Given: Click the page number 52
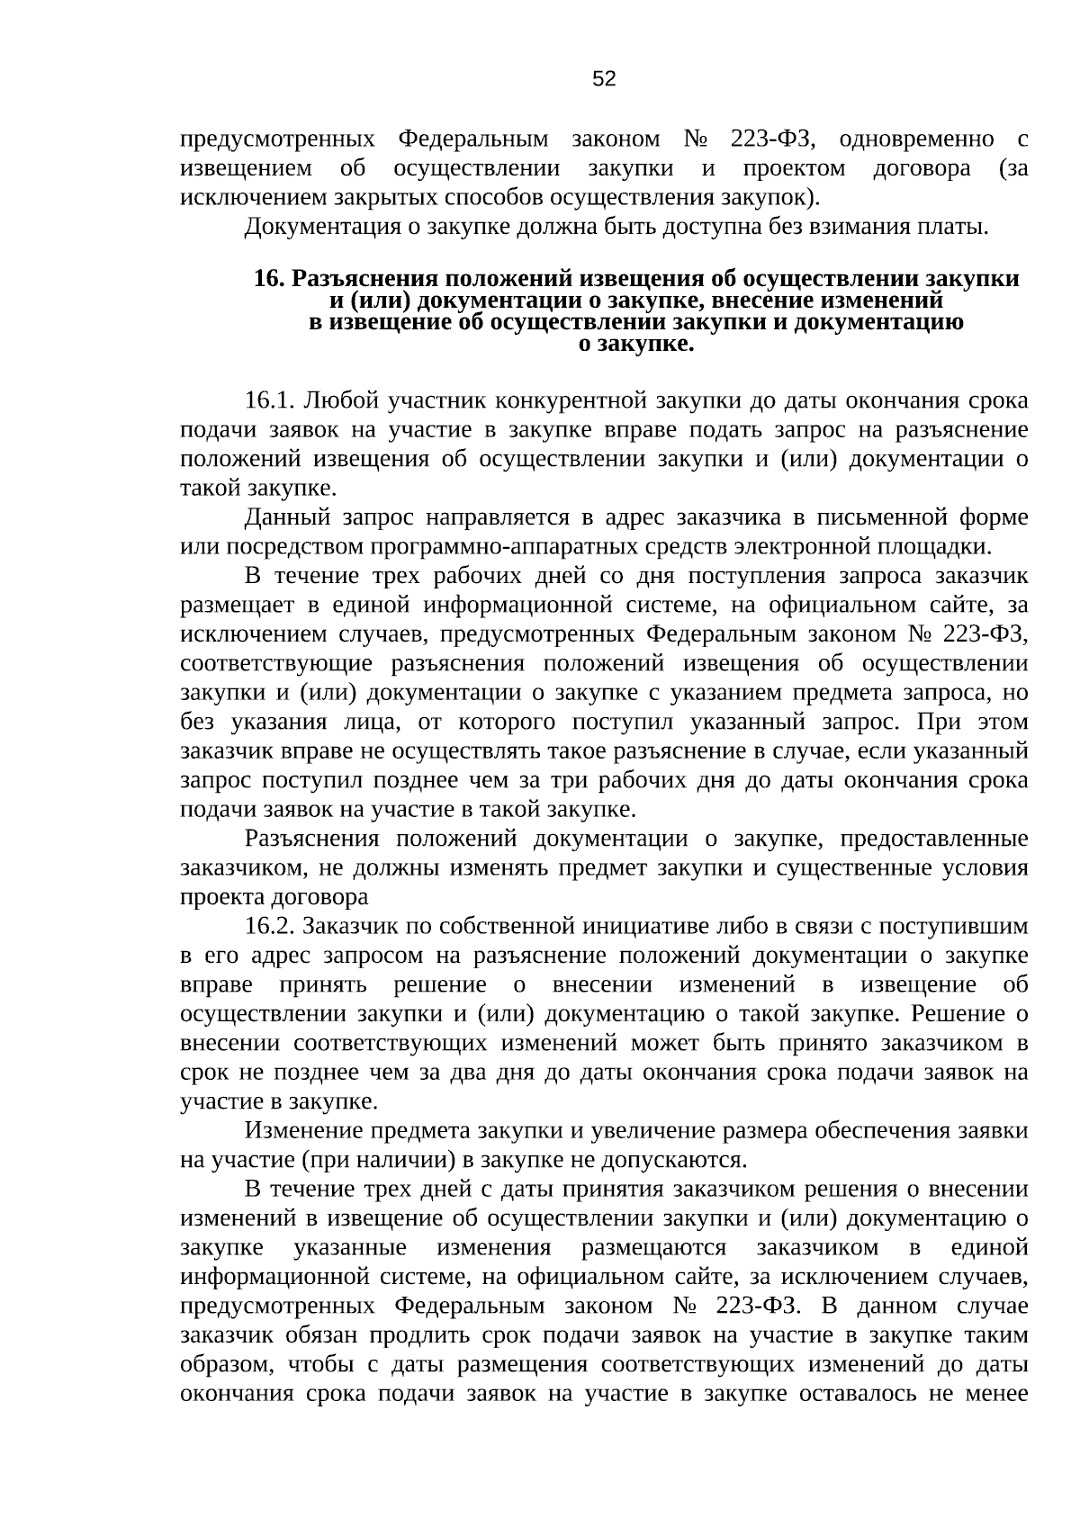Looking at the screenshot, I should (605, 79).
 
